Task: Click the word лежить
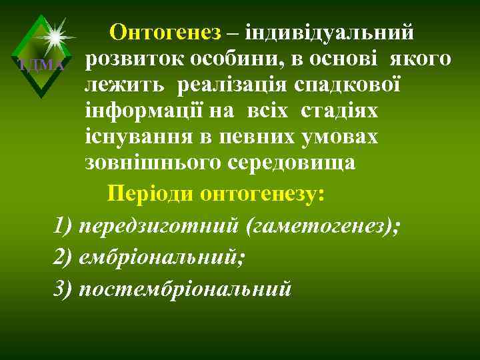tap(125, 86)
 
